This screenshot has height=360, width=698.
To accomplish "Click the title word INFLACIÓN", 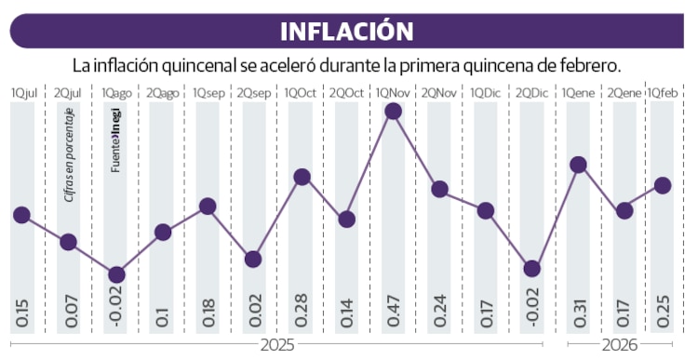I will (x=347, y=30).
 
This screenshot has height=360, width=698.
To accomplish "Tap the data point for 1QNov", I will (x=393, y=112).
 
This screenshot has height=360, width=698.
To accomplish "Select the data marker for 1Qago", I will (x=116, y=274).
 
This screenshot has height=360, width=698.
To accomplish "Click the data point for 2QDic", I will (x=531, y=269).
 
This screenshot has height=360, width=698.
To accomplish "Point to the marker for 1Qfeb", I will (x=663, y=185).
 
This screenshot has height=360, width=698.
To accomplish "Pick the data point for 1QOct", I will (x=302, y=177).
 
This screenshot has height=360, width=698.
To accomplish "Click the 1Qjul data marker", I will (x=22, y=215).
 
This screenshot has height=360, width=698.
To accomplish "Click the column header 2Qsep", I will (x=254, y=93).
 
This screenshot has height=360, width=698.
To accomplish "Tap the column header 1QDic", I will (x=485, y=93).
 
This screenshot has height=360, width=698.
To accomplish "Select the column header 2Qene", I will (x=624, y=93).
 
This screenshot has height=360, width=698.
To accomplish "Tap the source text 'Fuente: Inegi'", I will (x=116, y=143).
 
